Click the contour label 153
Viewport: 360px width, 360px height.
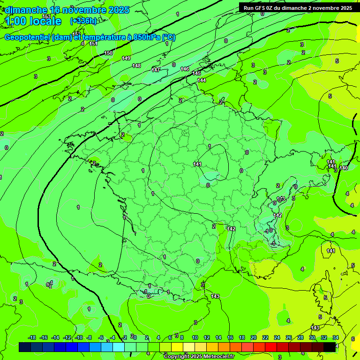point(46,16)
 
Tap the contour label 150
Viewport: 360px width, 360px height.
point(108,53)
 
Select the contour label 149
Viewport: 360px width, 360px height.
point(126,58)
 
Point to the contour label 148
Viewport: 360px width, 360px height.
point(136,66)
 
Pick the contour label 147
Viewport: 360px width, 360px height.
point(156,70)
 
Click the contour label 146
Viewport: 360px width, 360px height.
point(185,69)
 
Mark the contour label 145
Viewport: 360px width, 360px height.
point(196,73)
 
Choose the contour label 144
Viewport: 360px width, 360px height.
point(202,80)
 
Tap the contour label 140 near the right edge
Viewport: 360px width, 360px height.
point(344,168)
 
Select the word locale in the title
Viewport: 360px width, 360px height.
point(45,21)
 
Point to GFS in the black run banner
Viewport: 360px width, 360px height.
point(262,8)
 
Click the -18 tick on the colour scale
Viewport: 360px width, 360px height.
point(32,337)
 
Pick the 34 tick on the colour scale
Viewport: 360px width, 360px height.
point(336,337)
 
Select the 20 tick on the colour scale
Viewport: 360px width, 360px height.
point(254,337)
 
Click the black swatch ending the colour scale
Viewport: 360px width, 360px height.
point(330,347)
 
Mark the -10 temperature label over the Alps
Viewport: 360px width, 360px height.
point(268,231)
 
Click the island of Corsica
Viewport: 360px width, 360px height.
point(322,295)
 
